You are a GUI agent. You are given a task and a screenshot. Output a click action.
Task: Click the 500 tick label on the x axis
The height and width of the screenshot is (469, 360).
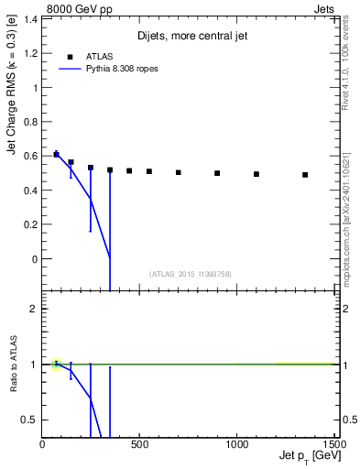pyautogui.click(x=139, y=444)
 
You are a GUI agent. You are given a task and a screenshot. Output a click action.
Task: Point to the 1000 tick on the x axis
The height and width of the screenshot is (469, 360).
pyautogui.click(x=236, y=444)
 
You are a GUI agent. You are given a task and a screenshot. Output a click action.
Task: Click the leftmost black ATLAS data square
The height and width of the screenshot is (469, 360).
pyautogui.click(x=57, y=154)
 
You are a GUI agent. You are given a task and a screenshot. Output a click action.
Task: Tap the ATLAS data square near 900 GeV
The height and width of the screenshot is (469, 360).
pyautogui.click(x=217, y=172)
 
